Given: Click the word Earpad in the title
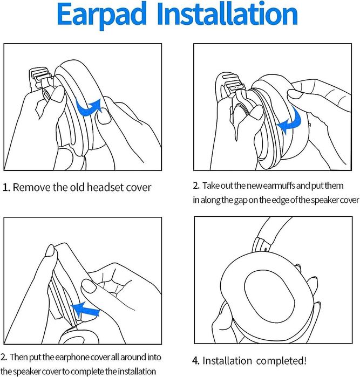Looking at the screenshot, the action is coord(102,15).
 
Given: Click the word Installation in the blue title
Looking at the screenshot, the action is coord(227,13).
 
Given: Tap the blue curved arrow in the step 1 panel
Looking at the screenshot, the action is coord(89,107).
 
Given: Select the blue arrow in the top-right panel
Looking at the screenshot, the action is coord(290,121).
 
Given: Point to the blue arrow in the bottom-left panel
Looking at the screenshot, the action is coord(85,310).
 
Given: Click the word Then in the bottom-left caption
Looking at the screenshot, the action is coord(19,357).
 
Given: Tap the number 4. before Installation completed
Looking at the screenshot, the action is coord(196,361).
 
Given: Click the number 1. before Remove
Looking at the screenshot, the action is coord(6,188).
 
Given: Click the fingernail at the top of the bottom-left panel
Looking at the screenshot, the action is coord(50,251).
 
